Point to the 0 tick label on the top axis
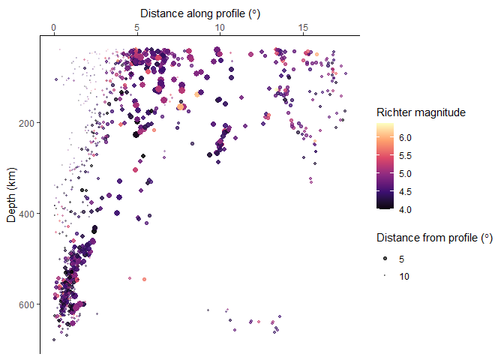tap(54, 28)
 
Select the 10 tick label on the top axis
tap(220, 28)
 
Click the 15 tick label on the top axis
tap(303, 28)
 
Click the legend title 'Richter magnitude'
tap(421, 112)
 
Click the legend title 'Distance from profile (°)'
tap(434, 238)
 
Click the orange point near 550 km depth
tap(144, 279)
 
